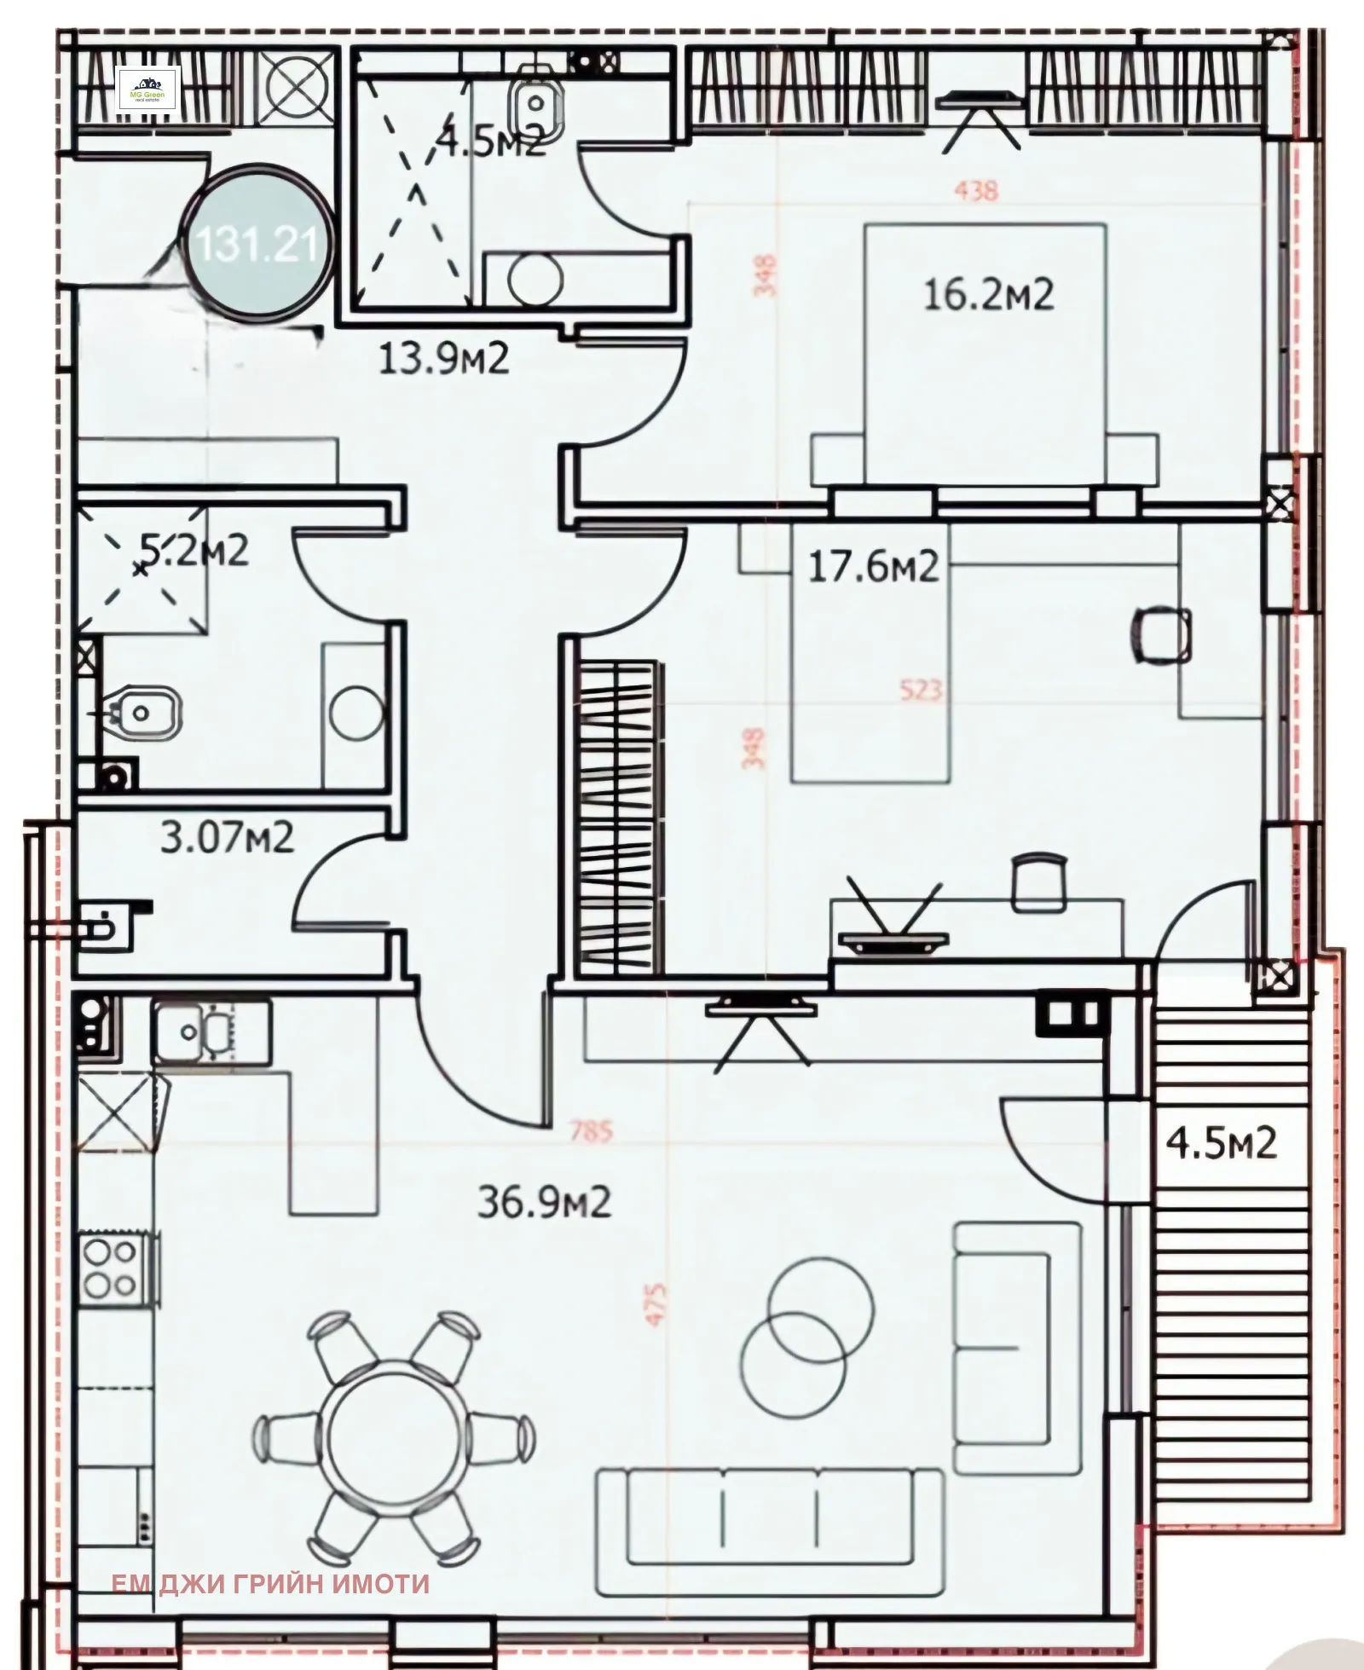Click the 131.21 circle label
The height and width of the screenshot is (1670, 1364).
(257, 245)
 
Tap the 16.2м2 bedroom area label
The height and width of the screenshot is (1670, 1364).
(989, 295)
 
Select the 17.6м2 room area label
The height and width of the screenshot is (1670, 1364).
(873, 566)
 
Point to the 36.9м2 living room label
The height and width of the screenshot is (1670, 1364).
(544, 1203)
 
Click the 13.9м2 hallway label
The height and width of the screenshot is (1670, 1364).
(443, 358)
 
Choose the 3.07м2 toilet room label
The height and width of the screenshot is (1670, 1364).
(227, 837)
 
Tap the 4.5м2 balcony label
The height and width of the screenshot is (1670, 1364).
(1221, 1143)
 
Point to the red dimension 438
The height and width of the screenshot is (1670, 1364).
(976, 190)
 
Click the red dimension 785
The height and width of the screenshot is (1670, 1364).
(592, 1132)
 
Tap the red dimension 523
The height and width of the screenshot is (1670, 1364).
(921, 689)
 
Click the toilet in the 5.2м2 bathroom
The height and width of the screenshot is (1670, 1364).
(142, 712)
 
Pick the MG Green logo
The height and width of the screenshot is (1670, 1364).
(147, 88)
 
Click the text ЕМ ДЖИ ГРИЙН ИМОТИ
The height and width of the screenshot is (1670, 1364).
(270, 1583)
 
